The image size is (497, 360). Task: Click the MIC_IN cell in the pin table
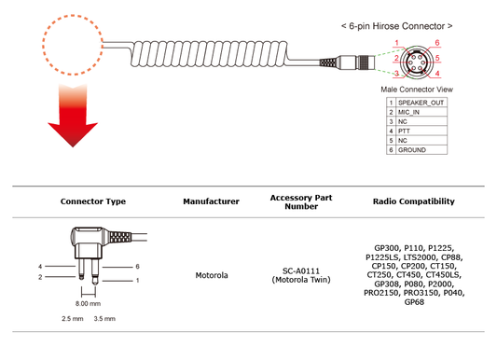tap(410, 111)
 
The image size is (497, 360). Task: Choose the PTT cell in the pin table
tap(405, 132)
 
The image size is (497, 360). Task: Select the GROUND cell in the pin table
tap(412, 151)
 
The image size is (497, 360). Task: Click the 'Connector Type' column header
tap(93, 201)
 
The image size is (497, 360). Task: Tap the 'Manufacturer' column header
tap(211, 201)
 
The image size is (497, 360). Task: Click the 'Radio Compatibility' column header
tap(413, 201)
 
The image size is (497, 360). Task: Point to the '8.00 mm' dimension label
tap(87, 303)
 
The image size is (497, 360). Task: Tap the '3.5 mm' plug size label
tap(104, 319)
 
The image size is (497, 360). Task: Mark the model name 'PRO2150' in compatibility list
tap(382, 294)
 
